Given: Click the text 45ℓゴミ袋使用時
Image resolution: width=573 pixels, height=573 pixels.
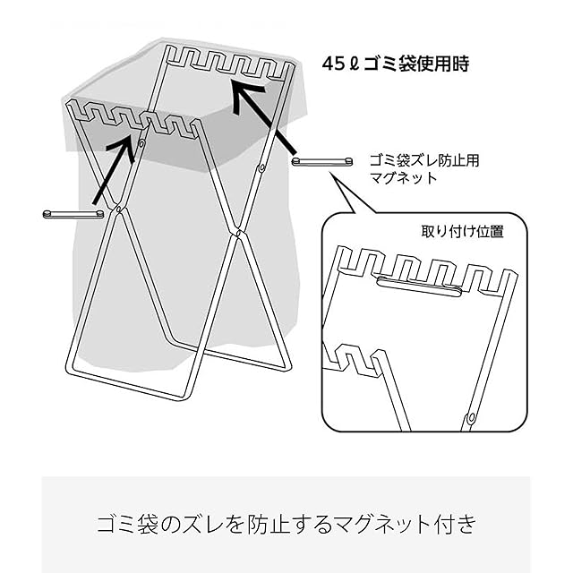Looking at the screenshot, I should (396, 64).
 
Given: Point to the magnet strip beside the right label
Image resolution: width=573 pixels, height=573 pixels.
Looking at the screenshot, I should (324, 162).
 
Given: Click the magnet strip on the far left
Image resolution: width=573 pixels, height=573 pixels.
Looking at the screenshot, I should (73, 214).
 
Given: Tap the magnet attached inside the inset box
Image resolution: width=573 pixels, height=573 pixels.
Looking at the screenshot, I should (420, 285).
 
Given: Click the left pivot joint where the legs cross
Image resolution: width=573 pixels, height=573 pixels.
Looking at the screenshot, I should (117, 211).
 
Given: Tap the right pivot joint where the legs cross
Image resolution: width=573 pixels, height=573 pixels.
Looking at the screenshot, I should (238, 233).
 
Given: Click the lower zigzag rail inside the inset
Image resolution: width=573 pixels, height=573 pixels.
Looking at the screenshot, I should (355, 359).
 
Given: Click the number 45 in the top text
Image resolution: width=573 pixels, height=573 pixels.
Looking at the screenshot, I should (334, 64).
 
